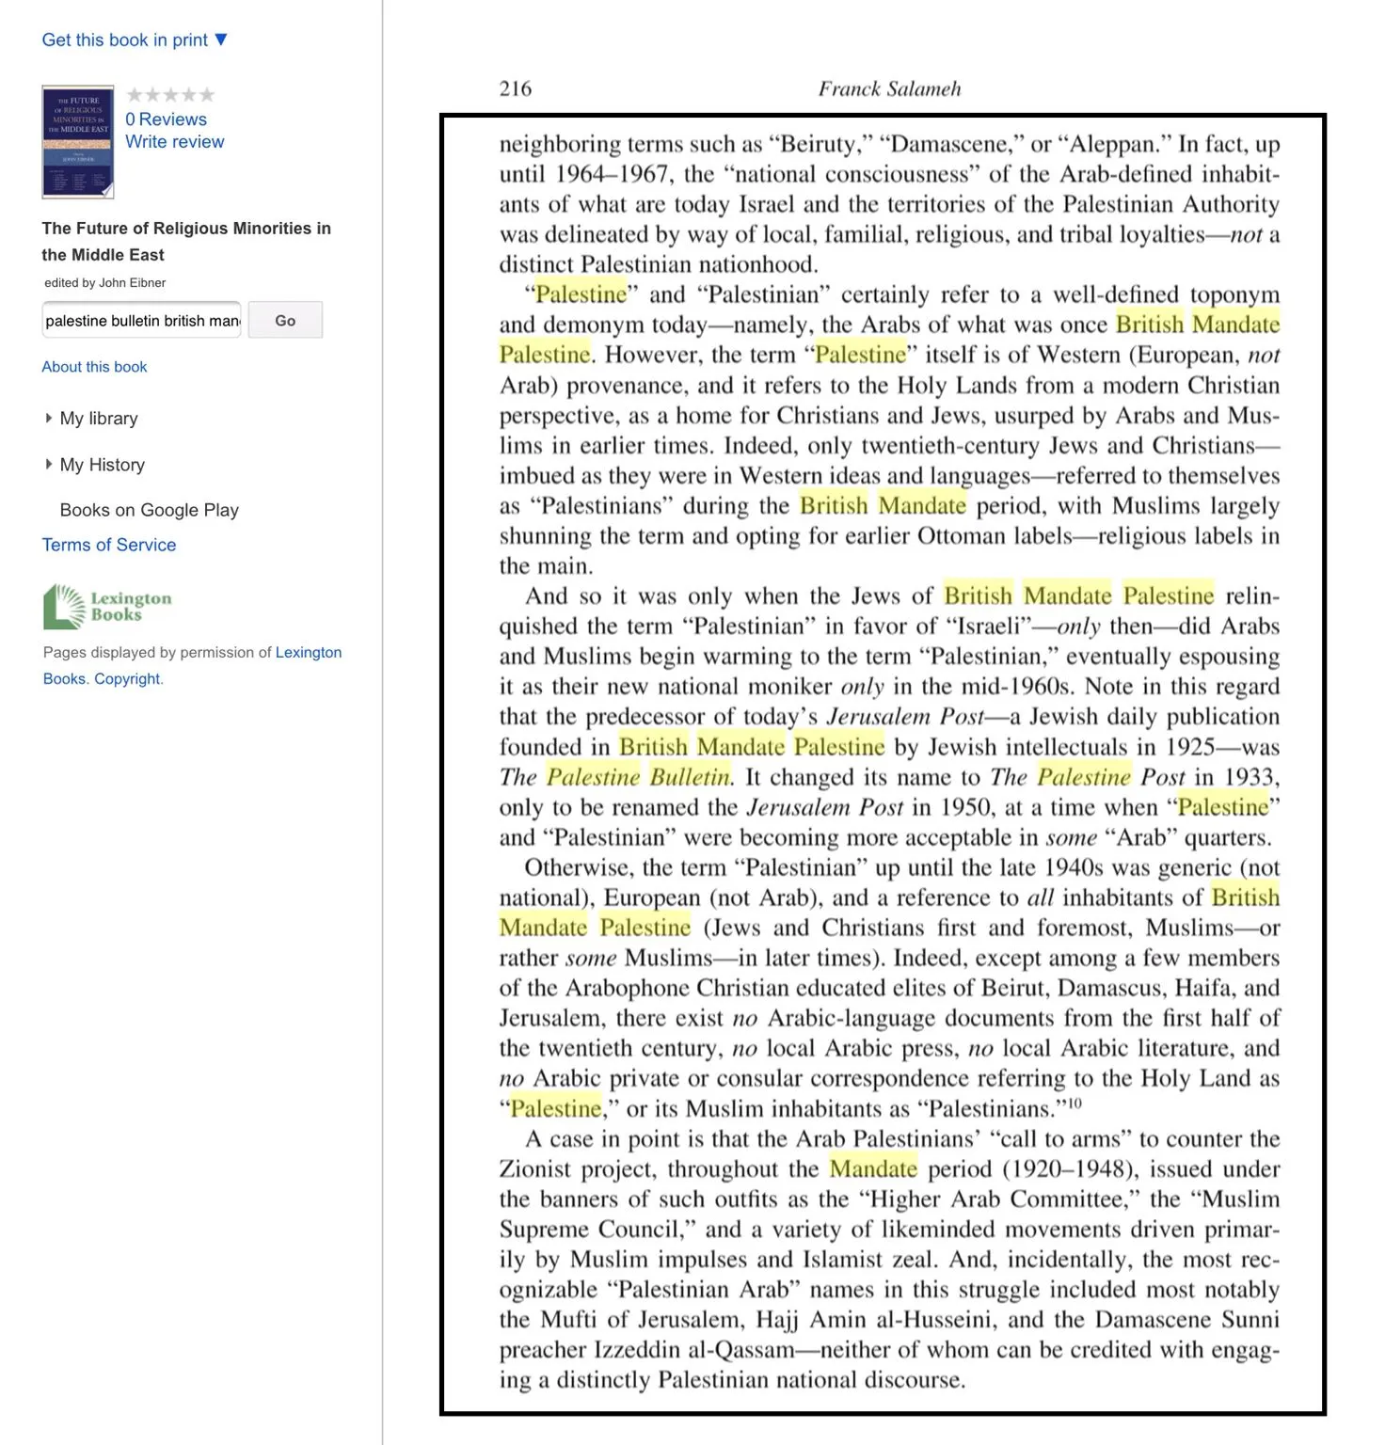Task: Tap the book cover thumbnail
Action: click(77, 142)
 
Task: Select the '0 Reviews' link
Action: click(166, 119)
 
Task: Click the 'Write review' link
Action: click(174, 142)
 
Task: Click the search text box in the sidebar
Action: click(141, 321)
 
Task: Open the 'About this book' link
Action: click(94, 367)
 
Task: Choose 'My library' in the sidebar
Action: click(98, 419)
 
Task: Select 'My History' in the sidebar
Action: click(102, 465)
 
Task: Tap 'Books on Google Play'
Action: click(149, 510)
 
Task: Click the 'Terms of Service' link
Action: click(109, 545)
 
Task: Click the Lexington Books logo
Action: click(107, 607)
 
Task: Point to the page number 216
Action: click(515, 88)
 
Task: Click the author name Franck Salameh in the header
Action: click(889, 88)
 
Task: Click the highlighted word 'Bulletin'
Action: click(690, 777)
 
